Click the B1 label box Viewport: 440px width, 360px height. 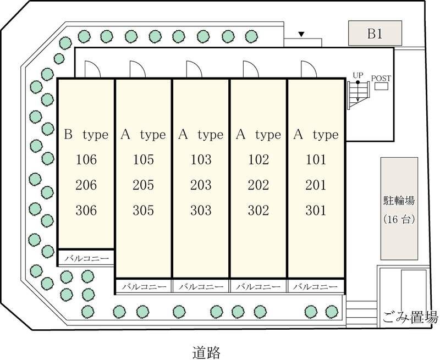(x=375, y=33)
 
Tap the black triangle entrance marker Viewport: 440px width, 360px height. (x=301, y=35)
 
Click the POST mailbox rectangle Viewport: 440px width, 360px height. (x=381, y=86)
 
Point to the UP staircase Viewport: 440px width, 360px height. (x=358, y=95)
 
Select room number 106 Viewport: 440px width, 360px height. (x=86, y=159)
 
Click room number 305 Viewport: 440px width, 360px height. (x=144, y=211)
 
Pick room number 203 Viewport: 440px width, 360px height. (x=201, y=185)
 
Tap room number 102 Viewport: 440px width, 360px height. (x=258, y=159)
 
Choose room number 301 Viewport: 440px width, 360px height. (x=316, y=211)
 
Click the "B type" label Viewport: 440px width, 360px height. (x=86, y=135)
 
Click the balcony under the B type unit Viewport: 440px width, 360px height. (x=86, y=258)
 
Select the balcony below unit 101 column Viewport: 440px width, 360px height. (x=316, y=286)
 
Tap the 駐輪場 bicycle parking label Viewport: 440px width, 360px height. (x=399, y=201)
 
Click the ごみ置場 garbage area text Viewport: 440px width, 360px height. (x=410, y=317)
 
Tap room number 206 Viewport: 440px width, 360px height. (x=86, y=185)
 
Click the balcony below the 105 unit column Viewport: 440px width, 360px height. (x=144, y=286)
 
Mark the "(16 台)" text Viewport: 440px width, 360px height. (x=399, y=219)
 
